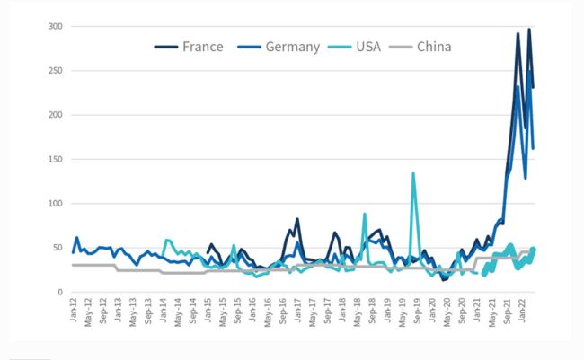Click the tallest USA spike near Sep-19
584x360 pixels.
click(x=413, y=174)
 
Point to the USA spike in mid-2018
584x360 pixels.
click(x=365, y=214)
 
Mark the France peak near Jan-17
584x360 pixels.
click(x=297, y=219)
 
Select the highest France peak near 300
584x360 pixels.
click(x=528, y=30)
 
